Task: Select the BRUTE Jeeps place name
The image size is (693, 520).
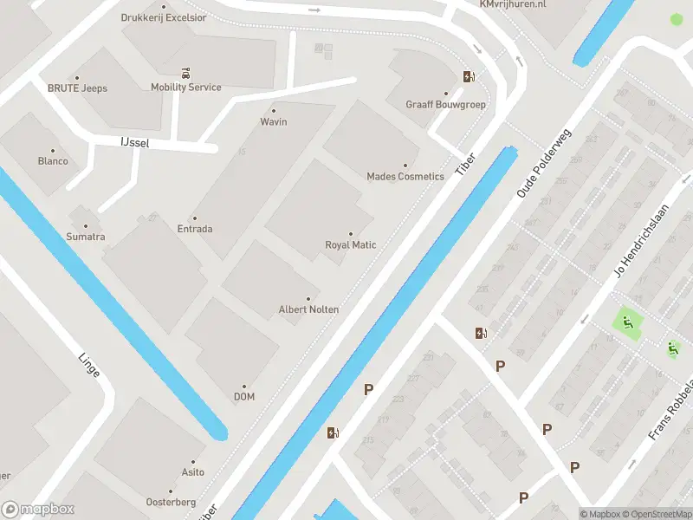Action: (77, 88)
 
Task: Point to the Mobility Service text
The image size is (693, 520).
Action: (185, 88)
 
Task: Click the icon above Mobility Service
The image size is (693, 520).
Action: (185, 71)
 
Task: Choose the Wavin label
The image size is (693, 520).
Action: (274, 121)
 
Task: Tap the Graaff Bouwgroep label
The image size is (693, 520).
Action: (445, 104)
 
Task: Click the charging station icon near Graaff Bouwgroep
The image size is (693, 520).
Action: (469, 76)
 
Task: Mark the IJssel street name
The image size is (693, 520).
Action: (135, 143)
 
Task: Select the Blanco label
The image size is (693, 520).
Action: (53, 161)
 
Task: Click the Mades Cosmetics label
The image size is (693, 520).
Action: (405, 176)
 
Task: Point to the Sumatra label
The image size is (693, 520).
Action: (86, 237)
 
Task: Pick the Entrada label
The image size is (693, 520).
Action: (195, 229)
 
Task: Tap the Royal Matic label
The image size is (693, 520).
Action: (351, 244)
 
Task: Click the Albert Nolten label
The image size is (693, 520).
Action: (308, 309)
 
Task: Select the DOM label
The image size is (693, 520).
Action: (243, 397)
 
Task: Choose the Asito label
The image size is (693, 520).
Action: (193, 472)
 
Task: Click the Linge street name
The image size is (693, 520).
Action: (89, 365)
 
